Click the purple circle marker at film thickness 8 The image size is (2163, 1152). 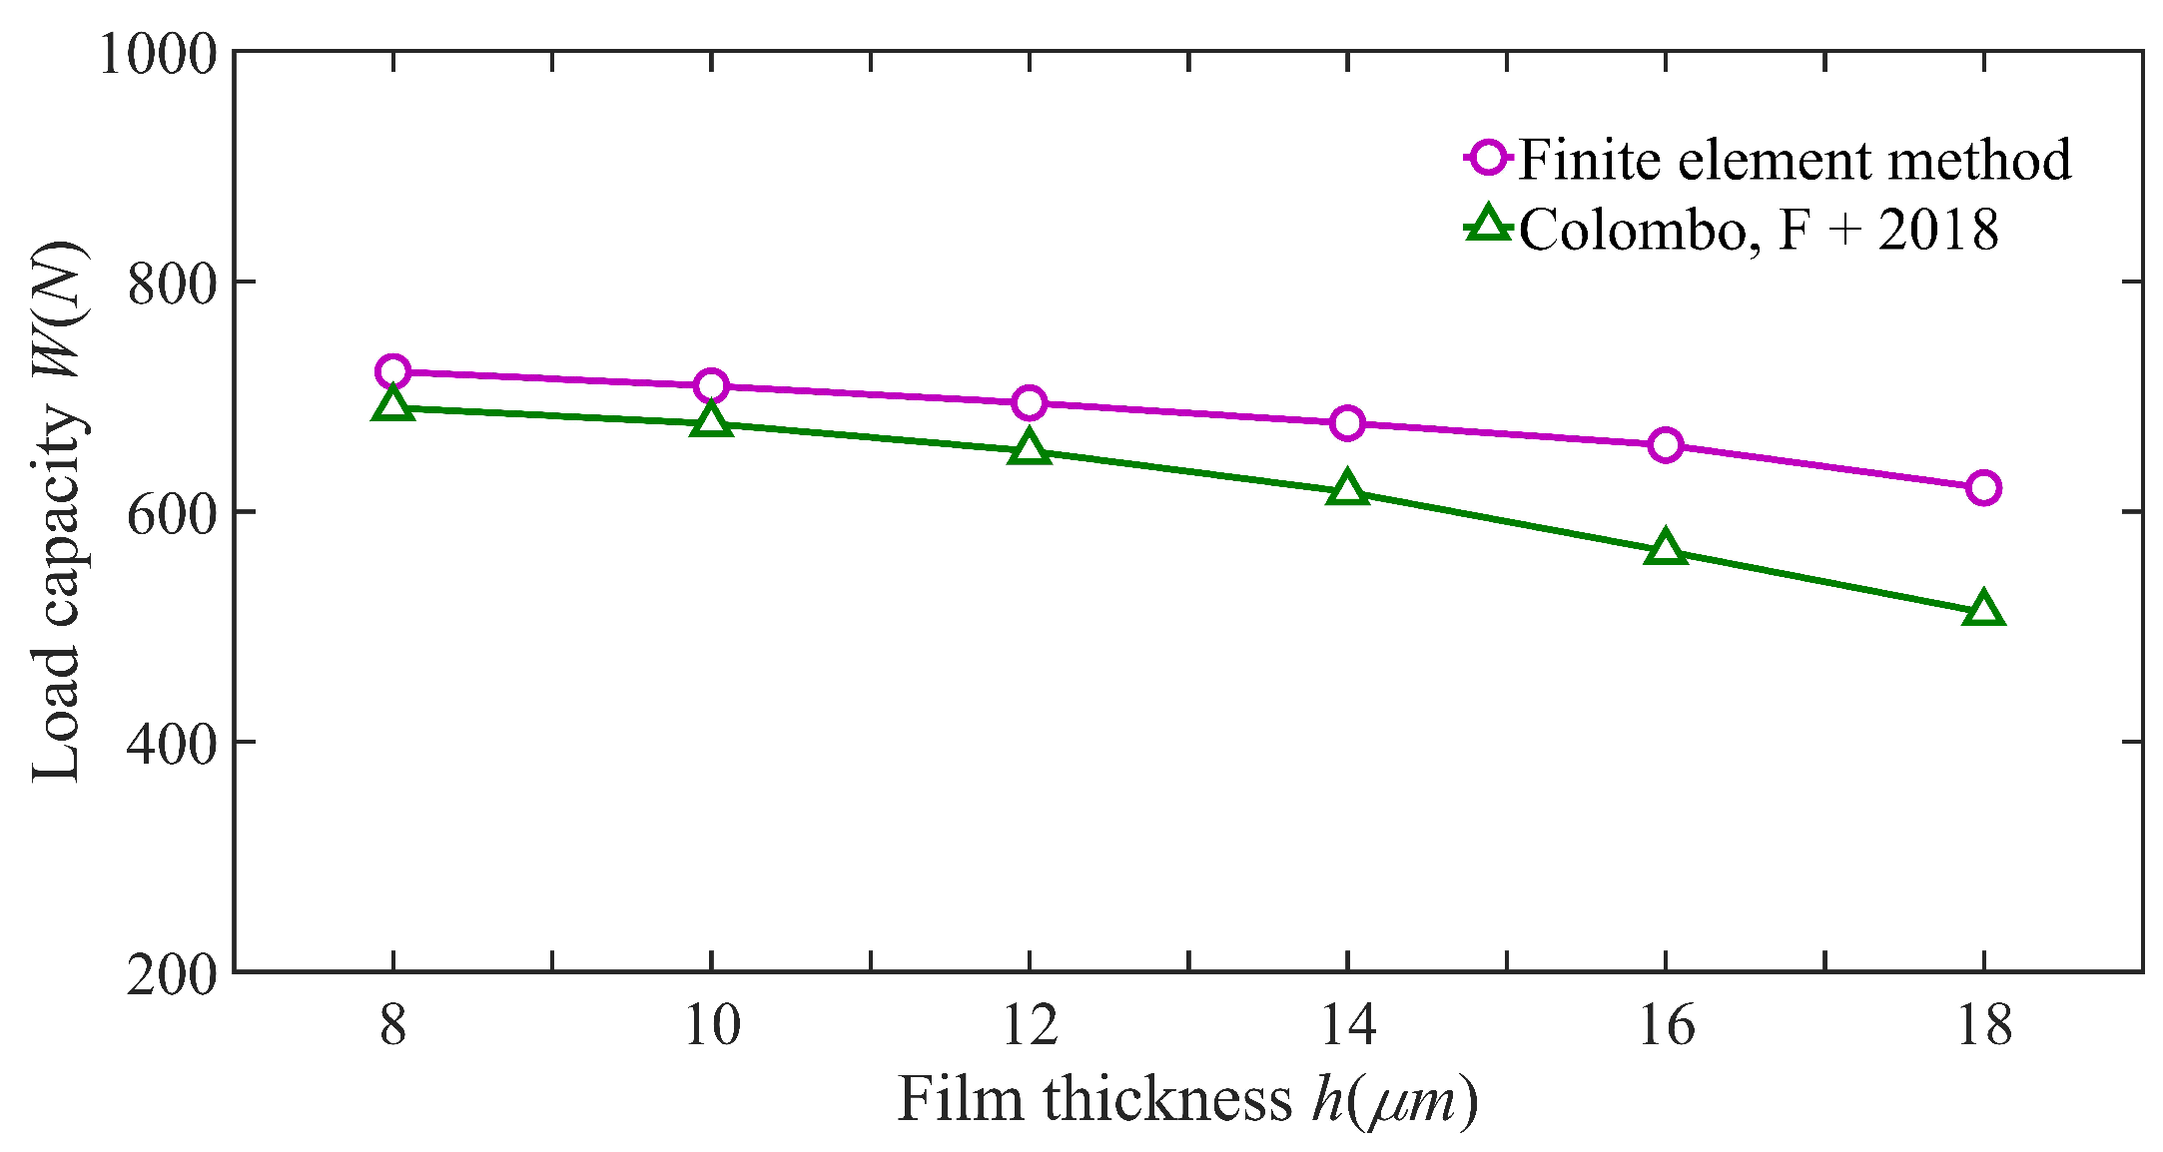click(393, 371)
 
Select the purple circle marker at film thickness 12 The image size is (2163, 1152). click(1029, 403)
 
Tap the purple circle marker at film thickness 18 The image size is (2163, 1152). click(1983, 488)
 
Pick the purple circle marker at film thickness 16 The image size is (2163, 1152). click(1665, 445)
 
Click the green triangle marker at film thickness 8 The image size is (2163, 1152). click(393, 405)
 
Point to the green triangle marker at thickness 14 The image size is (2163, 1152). click(1347, 489)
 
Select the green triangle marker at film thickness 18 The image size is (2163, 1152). click(1983, 610)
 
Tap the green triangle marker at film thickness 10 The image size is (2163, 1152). click(711, 420)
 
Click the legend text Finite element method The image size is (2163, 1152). click(1795, 160)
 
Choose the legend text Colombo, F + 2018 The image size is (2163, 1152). click(1759, 230)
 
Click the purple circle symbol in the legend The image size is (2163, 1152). click(1489, 158)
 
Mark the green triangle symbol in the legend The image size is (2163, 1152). click(1489, 225)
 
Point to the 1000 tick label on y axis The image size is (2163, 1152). click(158, 54)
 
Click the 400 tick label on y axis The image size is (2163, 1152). click(173, 744)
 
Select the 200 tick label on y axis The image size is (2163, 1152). click(173, 974)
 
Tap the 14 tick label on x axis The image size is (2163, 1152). click(1347, 1025)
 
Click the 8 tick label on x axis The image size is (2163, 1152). click(393, 1025)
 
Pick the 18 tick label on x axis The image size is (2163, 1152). click(1983, 1025)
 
